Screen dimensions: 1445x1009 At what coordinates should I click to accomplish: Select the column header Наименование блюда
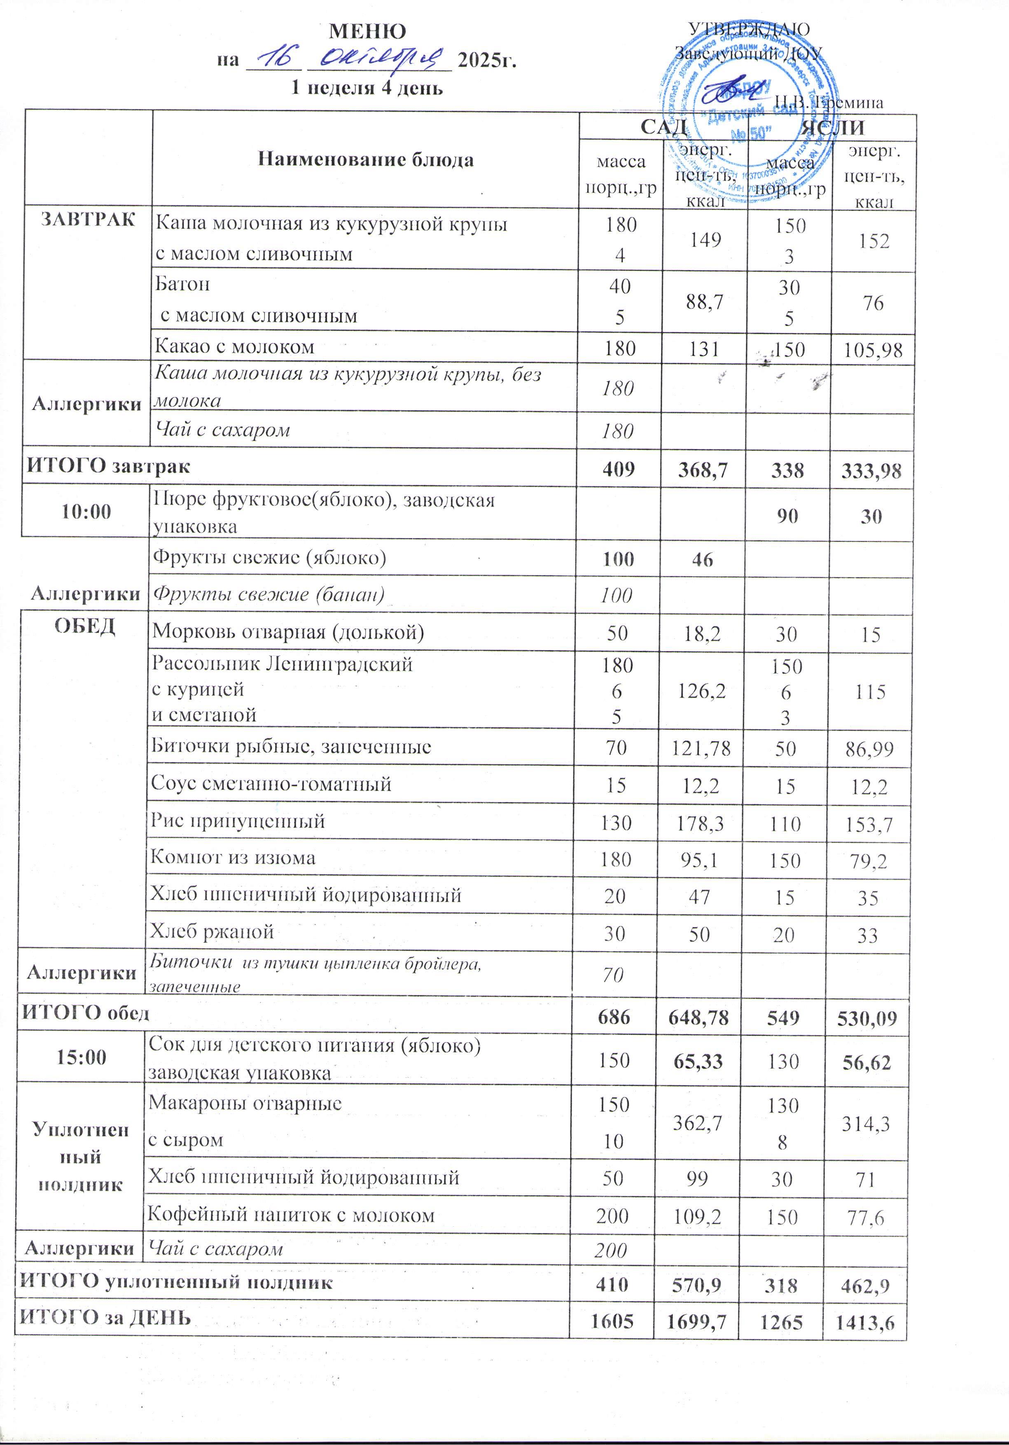tap(365, 160)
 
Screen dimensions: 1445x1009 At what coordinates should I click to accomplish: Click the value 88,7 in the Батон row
tap(705, 302)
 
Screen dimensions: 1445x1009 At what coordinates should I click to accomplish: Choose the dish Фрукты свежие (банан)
tap(269, 594)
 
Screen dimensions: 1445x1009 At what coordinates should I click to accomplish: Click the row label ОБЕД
tap(85, 626)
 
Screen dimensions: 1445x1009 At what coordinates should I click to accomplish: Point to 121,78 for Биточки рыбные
tap(701, 748)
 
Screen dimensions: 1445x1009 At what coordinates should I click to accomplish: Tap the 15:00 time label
tap(82, 1057)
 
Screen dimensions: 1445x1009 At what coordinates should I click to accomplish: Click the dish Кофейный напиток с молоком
tap(291, 1215)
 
